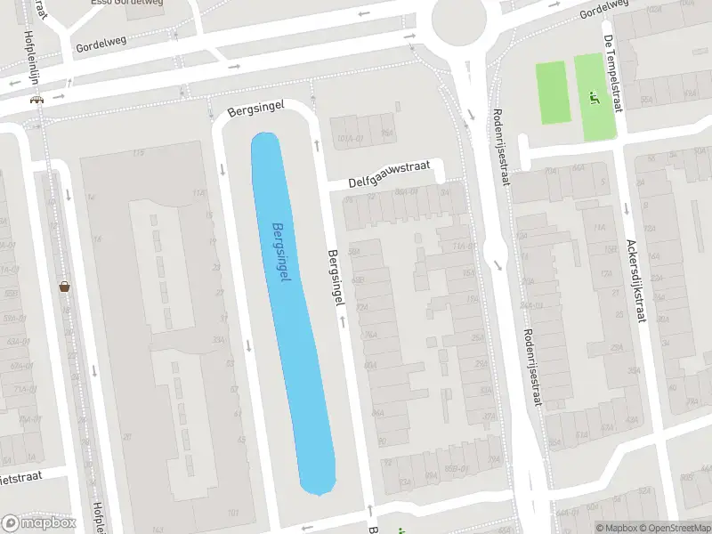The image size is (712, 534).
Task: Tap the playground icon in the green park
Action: [595, 98]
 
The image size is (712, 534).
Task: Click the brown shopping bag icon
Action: [64, 287]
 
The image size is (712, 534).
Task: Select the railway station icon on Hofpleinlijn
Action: [36, 100]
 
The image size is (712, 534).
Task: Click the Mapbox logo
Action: [40, 523]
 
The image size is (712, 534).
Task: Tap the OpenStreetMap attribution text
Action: [675, 528]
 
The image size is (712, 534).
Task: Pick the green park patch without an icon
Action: [552, 93]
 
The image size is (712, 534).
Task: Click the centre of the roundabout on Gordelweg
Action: [460, 16]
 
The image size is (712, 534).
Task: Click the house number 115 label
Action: [138, 154]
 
